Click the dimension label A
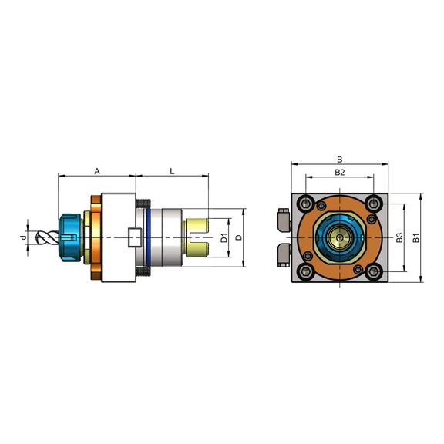pos(97,171)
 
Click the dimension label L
pos(172,171)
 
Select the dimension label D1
pos(224,238)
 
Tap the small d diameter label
pos(24,237)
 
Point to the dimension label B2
pos(339,172)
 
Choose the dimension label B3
pos(399,237)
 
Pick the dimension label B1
pos(415,237)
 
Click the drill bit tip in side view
pos(37,237)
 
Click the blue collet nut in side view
pos(69,237)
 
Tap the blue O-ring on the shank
pos(148,237)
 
